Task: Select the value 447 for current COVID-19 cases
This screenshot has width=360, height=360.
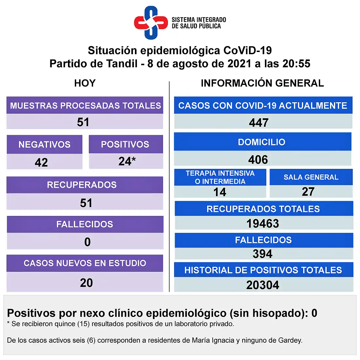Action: [259, 123]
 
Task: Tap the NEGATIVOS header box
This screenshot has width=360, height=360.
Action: [44, 144]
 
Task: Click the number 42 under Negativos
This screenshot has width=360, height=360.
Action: [41, 162]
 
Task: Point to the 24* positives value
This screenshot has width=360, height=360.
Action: [127, 161]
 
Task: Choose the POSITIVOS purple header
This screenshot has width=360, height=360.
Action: [125, 144]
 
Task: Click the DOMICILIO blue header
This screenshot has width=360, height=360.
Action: [262, 142]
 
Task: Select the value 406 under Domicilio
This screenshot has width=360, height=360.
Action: [258, 160]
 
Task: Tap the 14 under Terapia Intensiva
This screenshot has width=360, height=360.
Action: [220, 192]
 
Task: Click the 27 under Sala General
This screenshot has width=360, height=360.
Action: [308, 192]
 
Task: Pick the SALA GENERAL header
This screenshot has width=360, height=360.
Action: [311, 177]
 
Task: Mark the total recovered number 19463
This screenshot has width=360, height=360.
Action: [263, 224]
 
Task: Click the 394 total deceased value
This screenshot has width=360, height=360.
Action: [262, 254]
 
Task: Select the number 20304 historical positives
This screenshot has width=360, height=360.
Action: [263, 285]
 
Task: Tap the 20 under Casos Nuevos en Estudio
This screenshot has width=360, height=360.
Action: [86, 283]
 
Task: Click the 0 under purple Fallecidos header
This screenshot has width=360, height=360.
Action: [87, 242]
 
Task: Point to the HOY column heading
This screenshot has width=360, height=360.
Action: [85, 83]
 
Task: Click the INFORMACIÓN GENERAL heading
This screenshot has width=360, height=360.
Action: [262, 83]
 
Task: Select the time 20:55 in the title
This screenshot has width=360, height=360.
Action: [296, 63]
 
